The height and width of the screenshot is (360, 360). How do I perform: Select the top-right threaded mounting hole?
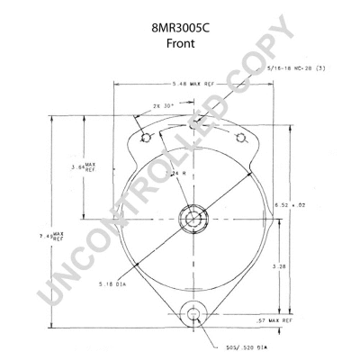coord(239,137)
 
